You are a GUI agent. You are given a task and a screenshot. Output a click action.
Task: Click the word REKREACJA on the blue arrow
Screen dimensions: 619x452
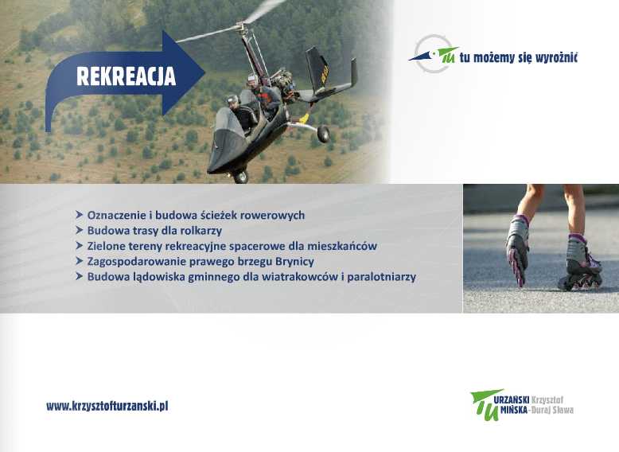pyautogui.click(x=126, y=76)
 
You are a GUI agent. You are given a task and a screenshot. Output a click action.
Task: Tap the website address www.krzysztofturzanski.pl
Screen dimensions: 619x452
pyautogui.click(x=107, y=406)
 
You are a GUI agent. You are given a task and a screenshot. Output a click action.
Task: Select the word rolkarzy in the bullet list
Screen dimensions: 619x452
pyautogui.click(x=201, y=231)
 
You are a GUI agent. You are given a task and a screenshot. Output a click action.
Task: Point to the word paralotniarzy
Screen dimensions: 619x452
pyautogui.click(x=381, y=277)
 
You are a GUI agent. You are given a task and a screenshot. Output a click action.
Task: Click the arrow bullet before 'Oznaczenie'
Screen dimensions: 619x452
pyautogui.click(x=80, y=215)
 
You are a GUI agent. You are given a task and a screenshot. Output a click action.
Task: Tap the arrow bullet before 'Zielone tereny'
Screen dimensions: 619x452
pyautogui.click(x=80, y=246)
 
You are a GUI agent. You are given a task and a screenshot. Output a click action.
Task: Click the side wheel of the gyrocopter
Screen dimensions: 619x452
pyautogui.click(x=323, y=134)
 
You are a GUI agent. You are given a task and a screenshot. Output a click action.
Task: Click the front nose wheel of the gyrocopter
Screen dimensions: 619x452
pyautogui.click(x=241, y=177)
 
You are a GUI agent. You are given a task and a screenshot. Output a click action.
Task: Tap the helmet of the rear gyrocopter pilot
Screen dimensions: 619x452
pyautogui.click(x=252, y=79)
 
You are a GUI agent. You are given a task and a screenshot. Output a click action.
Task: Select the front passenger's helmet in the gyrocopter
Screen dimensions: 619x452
pyautogui.click(x=232, y=100)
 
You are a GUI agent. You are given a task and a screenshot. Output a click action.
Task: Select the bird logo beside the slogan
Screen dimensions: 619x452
pyautogui.click(x=434, y=54)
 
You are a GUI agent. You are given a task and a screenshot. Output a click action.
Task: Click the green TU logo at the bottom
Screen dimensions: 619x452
pyautogui.click(x=485, y=404)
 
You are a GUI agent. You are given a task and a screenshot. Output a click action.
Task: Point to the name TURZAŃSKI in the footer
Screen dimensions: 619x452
pyautogui.click(x=511, y=400)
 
